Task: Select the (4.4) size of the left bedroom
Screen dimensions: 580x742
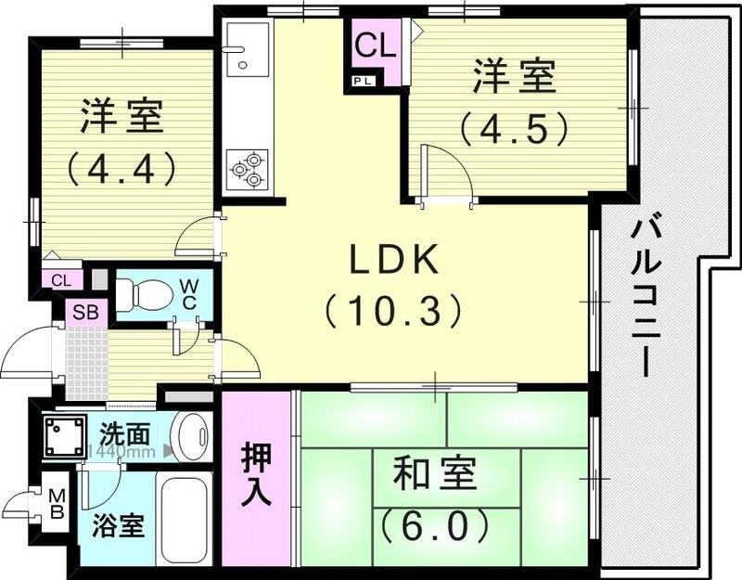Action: point(121,169)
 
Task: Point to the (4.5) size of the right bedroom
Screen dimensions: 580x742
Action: point(513,128)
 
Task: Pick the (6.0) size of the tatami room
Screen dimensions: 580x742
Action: point(434,526)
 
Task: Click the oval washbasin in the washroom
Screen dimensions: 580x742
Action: point(193,434)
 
